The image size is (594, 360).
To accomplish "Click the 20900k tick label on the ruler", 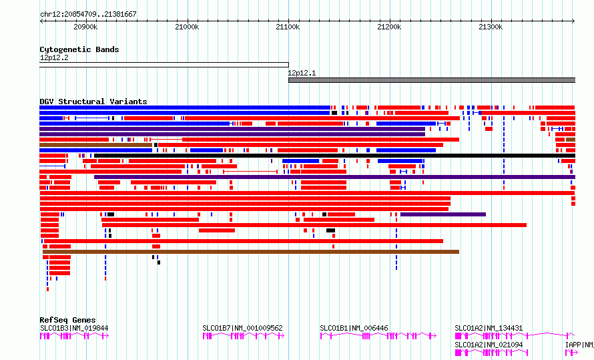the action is point(85,27).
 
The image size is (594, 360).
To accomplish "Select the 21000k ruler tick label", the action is point(187,27).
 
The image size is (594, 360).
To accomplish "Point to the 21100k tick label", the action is point(288,27).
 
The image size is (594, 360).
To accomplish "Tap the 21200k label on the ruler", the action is point(389,27).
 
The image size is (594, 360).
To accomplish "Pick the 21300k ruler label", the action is point(491,27).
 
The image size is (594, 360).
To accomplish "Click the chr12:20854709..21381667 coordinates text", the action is point(88,15).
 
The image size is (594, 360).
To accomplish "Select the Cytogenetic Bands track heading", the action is point(79,49).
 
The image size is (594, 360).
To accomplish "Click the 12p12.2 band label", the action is point(54,58).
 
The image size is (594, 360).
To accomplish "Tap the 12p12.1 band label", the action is point(302,73).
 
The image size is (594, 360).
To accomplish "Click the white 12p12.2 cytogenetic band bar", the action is point(164,65).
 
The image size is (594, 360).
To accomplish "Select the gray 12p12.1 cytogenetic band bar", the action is point(432,80).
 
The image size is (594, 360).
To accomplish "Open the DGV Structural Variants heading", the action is point(93,102).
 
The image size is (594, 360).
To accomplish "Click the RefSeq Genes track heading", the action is point(67,320).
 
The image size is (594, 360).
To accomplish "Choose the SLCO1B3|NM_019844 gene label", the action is point(74,328).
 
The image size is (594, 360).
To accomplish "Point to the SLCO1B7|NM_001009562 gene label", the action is point(242,328).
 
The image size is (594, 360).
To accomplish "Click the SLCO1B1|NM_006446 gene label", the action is point(354,328).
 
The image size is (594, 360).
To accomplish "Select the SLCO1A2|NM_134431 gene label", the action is point(489,328).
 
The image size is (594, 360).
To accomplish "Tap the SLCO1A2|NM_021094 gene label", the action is point(489,345).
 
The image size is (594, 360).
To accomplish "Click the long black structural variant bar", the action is point(335,156).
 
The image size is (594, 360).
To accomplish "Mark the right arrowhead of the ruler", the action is point(574,21).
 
